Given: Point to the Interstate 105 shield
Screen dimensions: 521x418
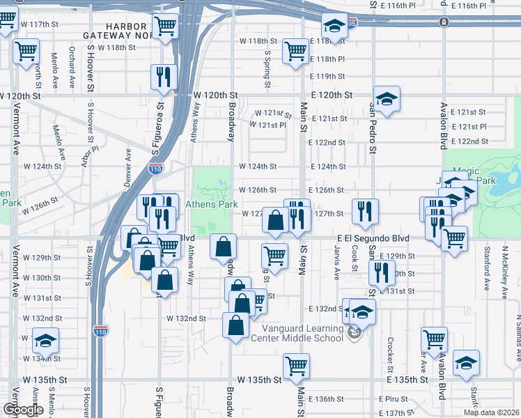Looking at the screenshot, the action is tap(352, 24).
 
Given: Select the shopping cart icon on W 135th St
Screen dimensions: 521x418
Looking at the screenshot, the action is tap(296, 366).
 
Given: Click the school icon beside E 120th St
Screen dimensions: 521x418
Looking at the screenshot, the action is tap(386, 99).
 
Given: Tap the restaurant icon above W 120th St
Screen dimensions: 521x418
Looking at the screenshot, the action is tap(164, 77).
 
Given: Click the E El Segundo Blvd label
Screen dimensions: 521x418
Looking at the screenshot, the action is tap(372, 238).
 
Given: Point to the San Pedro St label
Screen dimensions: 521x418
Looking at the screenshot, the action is tap(373, 129).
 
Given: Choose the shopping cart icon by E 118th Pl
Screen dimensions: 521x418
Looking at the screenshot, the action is tap(295, 52).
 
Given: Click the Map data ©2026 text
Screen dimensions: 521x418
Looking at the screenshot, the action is tap(495, 412).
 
